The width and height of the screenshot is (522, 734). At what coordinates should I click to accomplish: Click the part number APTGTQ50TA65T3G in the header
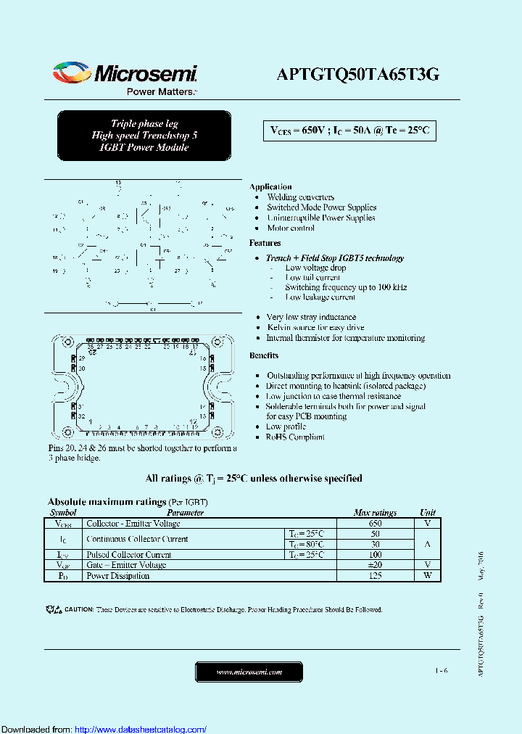[358, 75]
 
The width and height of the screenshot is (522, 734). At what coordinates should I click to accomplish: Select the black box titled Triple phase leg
[144, 136]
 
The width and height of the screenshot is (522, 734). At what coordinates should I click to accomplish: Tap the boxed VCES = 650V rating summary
[349, 131]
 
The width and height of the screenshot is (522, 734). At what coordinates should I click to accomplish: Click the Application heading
[270, 186]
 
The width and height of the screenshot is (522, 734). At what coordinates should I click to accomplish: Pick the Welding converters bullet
[300, 197]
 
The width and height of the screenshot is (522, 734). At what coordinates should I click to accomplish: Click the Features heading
[265, 243]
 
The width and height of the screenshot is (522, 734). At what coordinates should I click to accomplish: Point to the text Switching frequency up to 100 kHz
[346, 287]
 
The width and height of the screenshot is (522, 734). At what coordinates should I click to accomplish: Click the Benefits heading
[264, 355]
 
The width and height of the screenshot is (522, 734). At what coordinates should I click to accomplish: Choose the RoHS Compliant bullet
[295, 437]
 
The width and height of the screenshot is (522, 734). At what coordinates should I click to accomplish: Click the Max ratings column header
[375, 512]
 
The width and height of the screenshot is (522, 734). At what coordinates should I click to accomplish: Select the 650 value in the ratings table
[375, 523]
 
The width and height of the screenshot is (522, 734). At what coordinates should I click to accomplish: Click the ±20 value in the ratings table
[375, 565]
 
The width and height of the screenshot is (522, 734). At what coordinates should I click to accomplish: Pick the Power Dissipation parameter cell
[118, 576]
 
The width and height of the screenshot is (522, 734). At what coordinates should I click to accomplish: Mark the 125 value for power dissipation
[375, 576]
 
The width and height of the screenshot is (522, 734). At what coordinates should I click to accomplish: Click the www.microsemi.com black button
[249, 672]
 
